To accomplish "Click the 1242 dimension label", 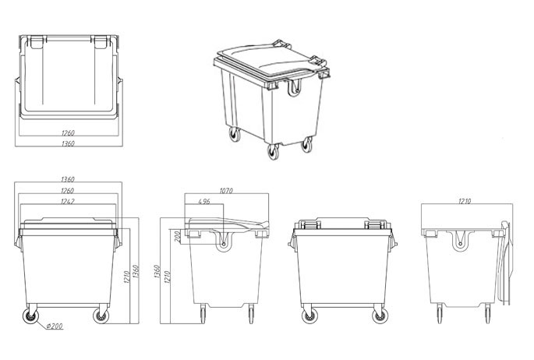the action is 67,201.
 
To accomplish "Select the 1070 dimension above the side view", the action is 226,191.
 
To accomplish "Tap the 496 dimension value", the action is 203,201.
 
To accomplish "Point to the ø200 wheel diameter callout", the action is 55,326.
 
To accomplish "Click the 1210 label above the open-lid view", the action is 464,201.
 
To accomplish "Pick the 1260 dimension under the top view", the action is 68,132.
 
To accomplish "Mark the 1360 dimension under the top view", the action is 68,143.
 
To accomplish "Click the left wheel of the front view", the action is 31,316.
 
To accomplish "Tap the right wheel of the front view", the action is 101,316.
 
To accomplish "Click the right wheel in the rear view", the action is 380,316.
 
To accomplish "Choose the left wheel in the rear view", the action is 309,316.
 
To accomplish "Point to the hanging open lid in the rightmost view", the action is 504,262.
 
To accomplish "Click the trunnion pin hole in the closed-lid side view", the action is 224,245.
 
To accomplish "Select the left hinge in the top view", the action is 36,41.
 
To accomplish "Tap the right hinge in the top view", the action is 101,41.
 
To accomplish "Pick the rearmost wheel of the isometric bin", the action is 235,134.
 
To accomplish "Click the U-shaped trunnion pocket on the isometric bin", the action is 294,86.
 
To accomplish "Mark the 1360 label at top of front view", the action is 67,179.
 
